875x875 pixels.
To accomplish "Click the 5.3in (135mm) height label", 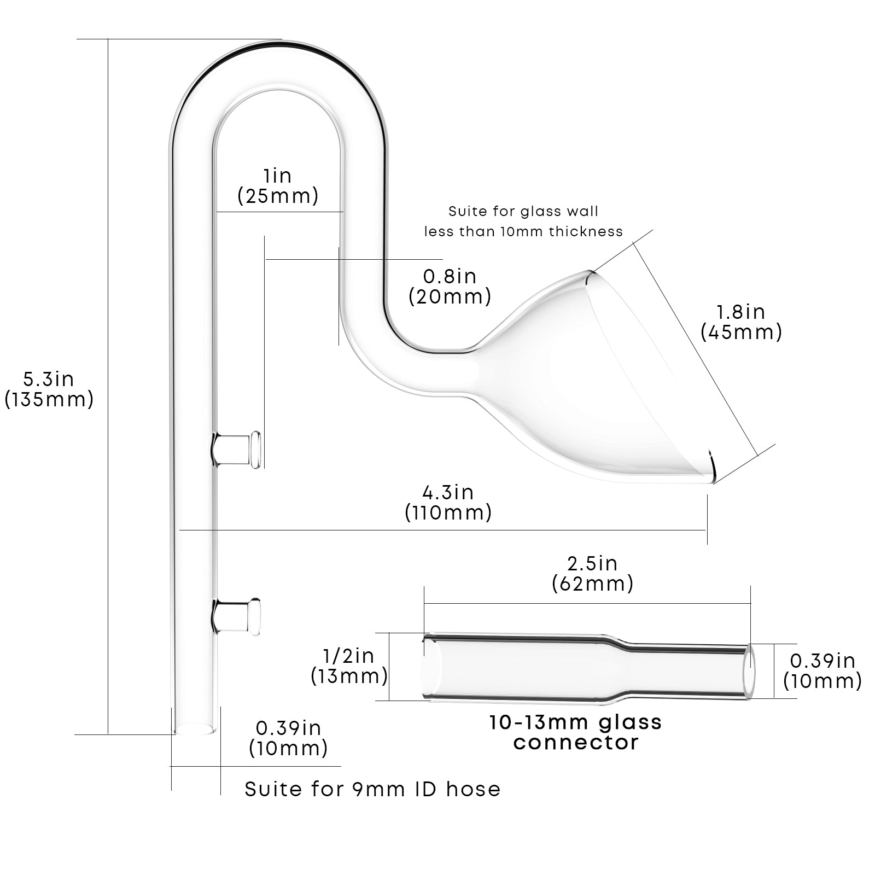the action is tap(49, 389).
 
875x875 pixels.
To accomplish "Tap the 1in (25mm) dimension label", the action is tap(278, 186).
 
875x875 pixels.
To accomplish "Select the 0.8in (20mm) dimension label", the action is tap(450, 286).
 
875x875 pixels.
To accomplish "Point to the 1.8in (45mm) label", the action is tap(741, 322).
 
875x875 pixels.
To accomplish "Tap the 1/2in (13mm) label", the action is tap(349, 667).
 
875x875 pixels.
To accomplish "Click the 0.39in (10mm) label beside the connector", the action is tap(822, 671).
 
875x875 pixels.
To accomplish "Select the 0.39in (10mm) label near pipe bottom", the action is tap(288, 738).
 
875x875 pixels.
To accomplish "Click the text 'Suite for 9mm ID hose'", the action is tap(372, 789).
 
